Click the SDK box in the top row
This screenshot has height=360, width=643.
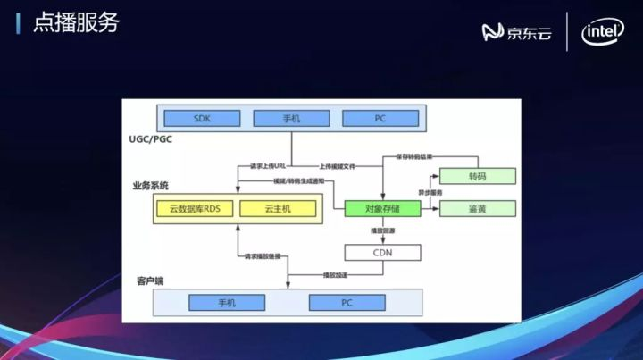pyautogui.click(x=203, y=118)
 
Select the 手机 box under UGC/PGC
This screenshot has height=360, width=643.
pyautogui.click(x=292, y=118)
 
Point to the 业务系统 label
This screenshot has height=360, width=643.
pyautogui.click(x=151, y=186)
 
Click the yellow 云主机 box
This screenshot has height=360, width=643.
pyautogui.click(x=279, y=209)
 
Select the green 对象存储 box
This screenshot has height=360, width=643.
pyautogui.click(x=382, y=209)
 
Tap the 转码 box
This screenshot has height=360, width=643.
pyautogui.click(x=478, y=176)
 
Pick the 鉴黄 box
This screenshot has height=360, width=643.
pyautogui.click(x=478, y=209)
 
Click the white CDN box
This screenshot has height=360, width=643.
pyautogui.click(x=382, y=253)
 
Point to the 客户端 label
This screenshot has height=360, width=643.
pyautogui.click(x=150, y=280)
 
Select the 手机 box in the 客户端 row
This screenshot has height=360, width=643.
pyautogui.click(x=227, y=303)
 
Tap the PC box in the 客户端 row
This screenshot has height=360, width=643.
pyautogui.click(x=347, y=303)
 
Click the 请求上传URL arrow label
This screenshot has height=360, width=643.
pyautogui.click(x=269, y=167)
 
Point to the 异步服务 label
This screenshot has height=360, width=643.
pyautogui.click(x=431, y=193)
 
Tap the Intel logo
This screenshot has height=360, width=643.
pyautogui.click(x=603, y=33)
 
